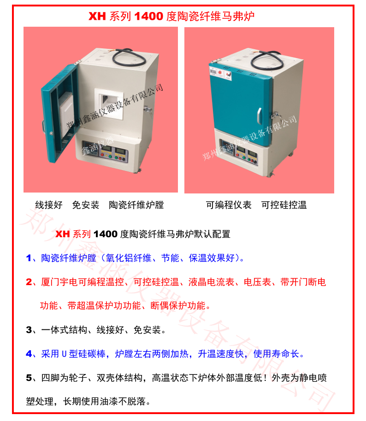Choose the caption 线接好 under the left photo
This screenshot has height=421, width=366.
[x=49, y=205]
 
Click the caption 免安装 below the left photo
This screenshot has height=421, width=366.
[x=86, y=205]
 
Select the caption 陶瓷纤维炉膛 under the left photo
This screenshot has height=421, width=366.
[x=136, y=205]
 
